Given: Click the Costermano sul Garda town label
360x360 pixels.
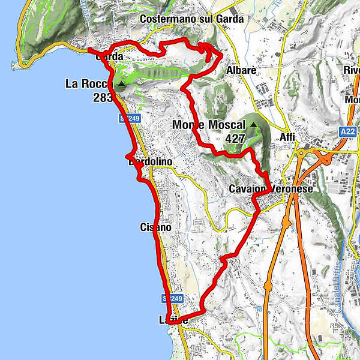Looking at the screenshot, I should pyautogui.click(x=191, y=19).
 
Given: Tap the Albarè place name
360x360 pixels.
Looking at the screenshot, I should pyautogui.click(x=241, y=71).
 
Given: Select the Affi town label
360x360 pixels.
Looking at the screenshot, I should pyautogui.click(x=287, y=137).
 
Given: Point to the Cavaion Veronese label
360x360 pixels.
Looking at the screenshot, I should pyautogui.click(x=271, y=189).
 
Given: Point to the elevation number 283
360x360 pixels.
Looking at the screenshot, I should pyautogui.click(x=104, y=97).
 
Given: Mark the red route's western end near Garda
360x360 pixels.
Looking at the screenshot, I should pyautogui.click(x=89, y=50).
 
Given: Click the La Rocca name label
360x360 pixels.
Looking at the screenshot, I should pyautogui.click(x=90, y=84).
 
